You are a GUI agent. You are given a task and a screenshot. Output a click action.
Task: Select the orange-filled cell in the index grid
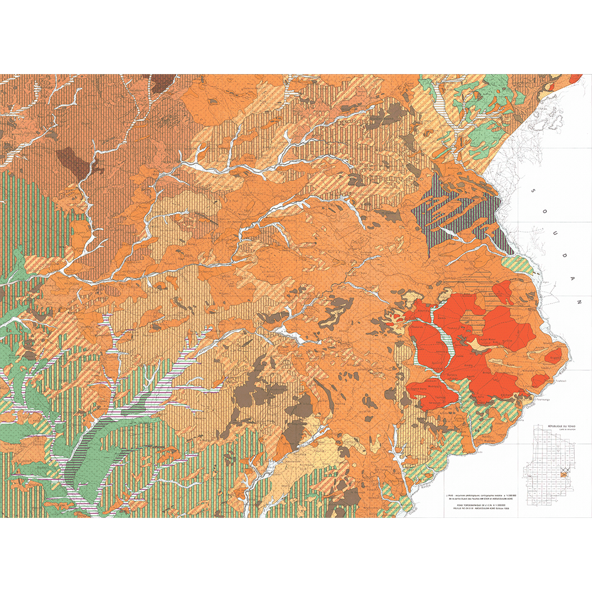click(565, 474)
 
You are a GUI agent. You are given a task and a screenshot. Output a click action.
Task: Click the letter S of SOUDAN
click(532, 190)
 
